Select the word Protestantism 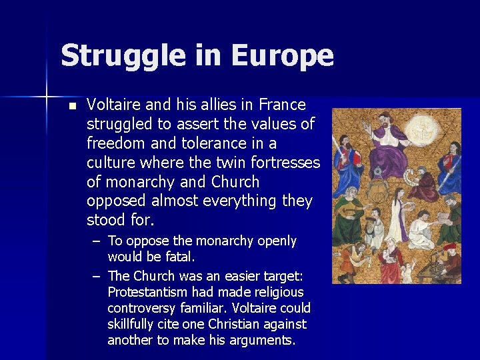pyautogui.click(x=149, y=292)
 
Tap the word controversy pyautogui.click(x=141, y=308)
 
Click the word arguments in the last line pyautogui.click(x=263, y=340)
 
